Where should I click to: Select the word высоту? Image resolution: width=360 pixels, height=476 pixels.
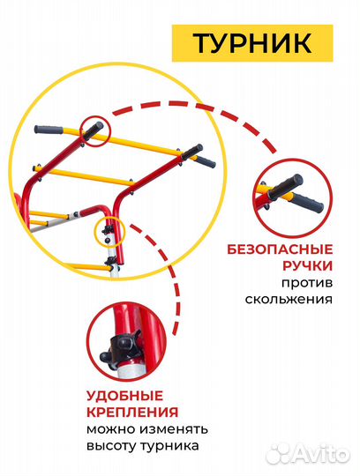pos(111,447)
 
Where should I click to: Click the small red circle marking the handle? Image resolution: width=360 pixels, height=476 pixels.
pos(95,131)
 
